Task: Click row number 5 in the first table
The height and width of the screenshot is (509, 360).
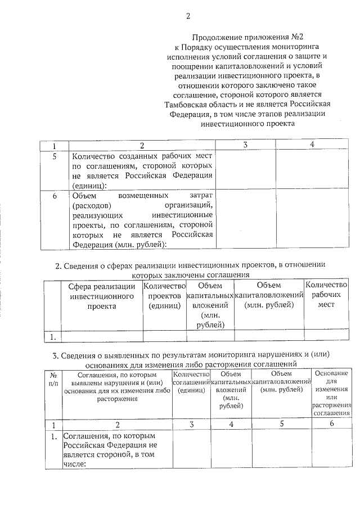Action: click(55, 157)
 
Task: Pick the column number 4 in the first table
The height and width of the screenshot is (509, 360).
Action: click(311, 145)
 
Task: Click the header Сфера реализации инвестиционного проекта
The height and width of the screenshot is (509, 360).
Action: click(102, 296)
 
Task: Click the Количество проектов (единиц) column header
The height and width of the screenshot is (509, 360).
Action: click(164, 296)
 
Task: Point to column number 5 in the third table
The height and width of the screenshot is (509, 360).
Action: click(281, 424)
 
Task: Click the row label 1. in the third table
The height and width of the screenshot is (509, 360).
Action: click(53, 436)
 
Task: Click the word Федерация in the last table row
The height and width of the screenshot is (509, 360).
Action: click(123, 445)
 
